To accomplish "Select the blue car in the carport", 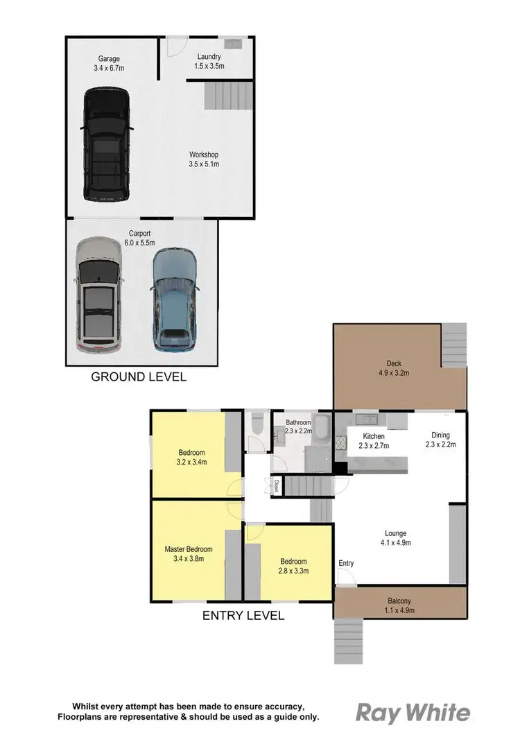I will click(174, 298).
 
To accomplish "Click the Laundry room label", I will click(209, 57).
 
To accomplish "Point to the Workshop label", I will click(204, 155).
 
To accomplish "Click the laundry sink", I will click(233, 44).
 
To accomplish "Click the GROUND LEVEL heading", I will click(139, 377).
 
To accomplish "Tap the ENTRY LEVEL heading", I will click(243, 615).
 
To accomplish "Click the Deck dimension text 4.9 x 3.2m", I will click(394, 372).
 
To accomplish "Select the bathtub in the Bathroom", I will click(322, 424).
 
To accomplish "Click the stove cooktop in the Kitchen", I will click(340, 444).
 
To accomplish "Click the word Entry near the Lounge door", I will click(346, 563).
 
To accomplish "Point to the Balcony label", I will click(399, 600).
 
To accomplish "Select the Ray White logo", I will click(413, 713).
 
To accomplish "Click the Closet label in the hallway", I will click(276, 485).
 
